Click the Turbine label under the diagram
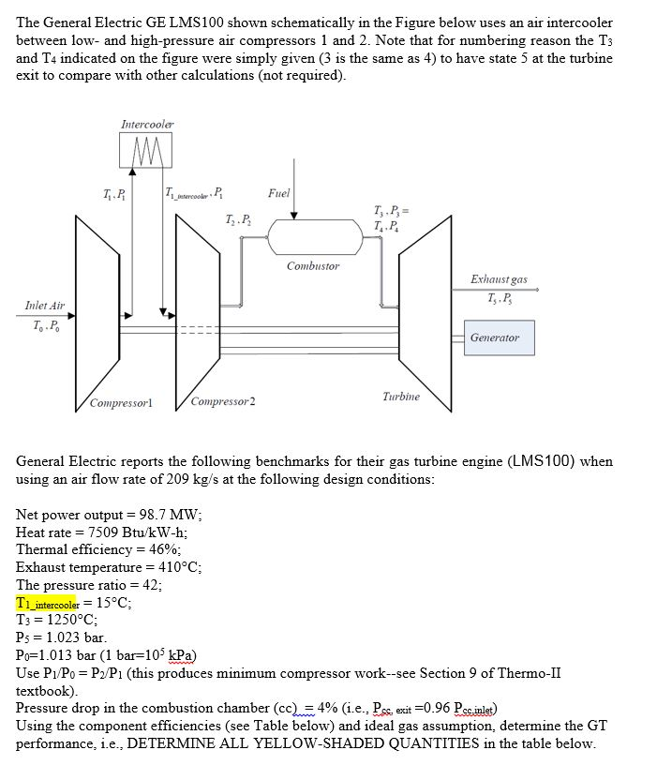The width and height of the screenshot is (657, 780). [400, 397]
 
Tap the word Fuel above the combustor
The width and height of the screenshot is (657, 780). [278, 194]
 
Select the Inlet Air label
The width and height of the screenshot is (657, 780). [45, 306]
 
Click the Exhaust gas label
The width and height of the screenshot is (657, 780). [499, 279]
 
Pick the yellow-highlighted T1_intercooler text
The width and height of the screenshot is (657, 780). [55, 603]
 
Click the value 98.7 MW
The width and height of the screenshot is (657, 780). [172, 515]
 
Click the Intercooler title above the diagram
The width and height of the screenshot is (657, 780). [147, 124]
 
